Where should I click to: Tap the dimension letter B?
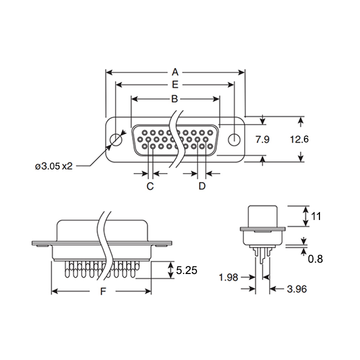[174, 98]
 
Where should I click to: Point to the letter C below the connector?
[149, 186]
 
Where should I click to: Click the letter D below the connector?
[202, 186]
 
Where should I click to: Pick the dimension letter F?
[102, 291]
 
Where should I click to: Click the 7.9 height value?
[262, 140]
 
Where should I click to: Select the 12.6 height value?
[299, 140]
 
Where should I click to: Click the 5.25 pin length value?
[186, 270]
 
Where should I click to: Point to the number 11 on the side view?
[315, 216]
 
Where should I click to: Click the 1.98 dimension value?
[228, 277]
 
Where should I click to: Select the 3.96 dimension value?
[296, 288]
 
